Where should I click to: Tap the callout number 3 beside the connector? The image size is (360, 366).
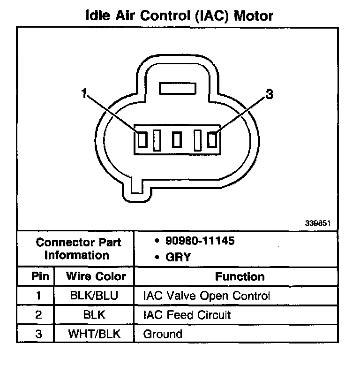click(269, 94)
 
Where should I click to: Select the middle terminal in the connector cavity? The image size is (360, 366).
click(177, 139)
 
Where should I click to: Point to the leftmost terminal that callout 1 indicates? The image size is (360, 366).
click(142, 139)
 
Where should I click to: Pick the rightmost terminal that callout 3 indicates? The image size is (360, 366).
click(212, 139)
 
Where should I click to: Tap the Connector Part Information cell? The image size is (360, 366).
click(78, 249)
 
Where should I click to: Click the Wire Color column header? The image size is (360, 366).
click(96, 276)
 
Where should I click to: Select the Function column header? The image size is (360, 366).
click(240, 276)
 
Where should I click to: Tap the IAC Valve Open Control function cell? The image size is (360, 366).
click(206, 296)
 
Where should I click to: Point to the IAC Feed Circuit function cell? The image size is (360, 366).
click(187, 314)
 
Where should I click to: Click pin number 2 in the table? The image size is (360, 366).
click(38, 314)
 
